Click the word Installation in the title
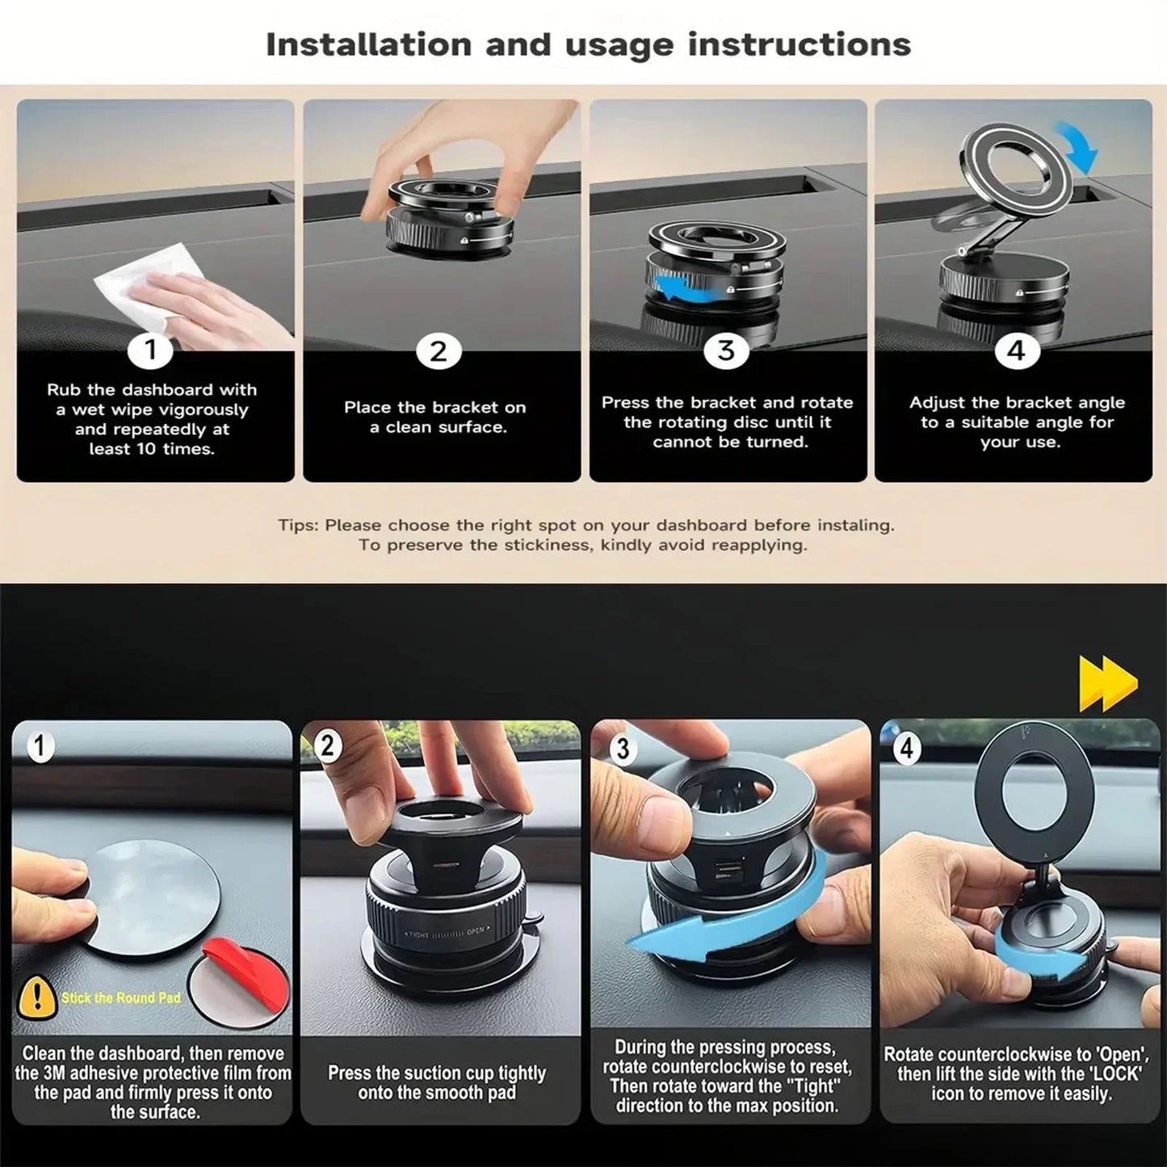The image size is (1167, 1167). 368,45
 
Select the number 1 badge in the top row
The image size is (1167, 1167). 150,351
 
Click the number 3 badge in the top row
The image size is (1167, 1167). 726,351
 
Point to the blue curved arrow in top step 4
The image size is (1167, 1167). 1079,145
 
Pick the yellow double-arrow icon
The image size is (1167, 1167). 1108,684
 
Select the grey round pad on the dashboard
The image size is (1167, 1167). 153,896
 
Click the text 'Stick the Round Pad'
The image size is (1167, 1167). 121,998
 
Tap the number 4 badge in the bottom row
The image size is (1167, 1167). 907,749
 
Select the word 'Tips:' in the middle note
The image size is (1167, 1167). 298,526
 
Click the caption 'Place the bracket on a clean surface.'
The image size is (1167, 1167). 436,418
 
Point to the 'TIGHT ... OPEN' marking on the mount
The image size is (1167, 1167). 444,934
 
